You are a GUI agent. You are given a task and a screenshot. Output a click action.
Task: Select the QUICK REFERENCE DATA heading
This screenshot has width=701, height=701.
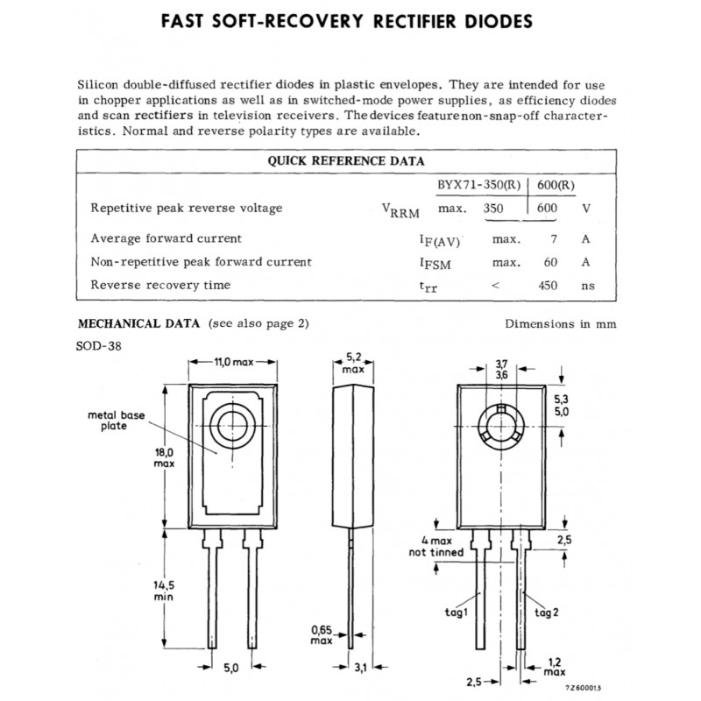point(346,160)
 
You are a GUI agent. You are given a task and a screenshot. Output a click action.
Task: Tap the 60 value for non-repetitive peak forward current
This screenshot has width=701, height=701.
point(550,262)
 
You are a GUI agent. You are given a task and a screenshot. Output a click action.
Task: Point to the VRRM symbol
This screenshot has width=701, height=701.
point(401,210)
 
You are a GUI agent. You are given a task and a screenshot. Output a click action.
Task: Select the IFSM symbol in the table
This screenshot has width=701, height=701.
point(435,263)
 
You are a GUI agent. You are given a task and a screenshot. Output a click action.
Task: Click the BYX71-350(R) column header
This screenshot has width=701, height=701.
point(480,185)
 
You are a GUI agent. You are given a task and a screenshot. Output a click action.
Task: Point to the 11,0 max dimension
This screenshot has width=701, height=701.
point(234,361)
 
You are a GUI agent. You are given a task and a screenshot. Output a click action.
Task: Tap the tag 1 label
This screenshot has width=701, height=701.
point(457,612)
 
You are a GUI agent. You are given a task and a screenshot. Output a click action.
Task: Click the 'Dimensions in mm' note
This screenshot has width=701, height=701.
point(560,323)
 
